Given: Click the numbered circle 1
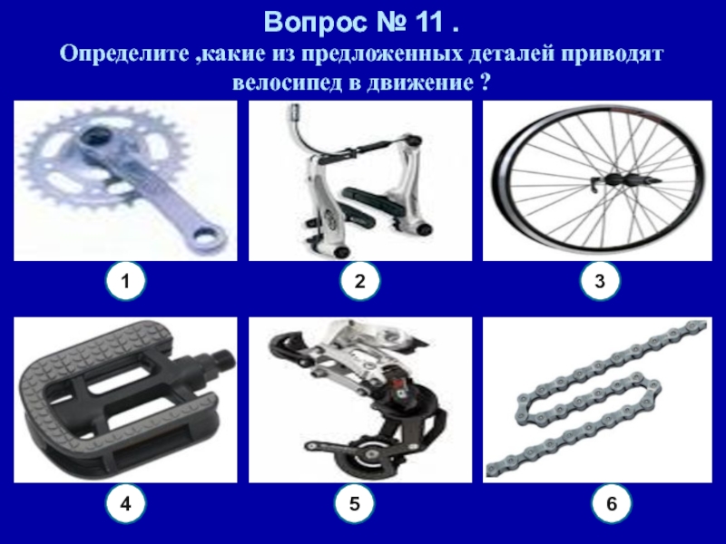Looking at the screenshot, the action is (125, 280).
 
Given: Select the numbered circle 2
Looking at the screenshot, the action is (359, 280).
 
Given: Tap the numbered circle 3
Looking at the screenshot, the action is (599, 280).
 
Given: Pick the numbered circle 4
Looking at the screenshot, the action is (125, 503).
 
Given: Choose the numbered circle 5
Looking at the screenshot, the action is (354, 503).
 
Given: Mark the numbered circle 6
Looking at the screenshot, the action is (611, 503).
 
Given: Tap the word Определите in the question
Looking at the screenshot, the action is (123, 54).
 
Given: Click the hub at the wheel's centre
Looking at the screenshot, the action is (623, 180).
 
